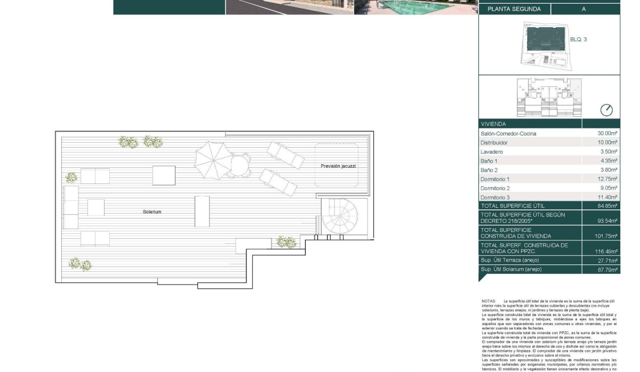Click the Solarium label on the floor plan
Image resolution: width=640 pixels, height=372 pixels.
(x=152, y=212)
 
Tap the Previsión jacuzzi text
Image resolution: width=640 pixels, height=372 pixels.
(x=338, y=166)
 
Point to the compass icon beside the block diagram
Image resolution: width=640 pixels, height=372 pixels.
(x=606, y=110)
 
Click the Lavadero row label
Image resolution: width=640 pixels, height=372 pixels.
(x=491, y=152)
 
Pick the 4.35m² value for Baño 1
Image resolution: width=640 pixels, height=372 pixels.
(x=608, y=161)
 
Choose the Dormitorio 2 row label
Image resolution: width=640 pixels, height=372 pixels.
(x=495, y=188)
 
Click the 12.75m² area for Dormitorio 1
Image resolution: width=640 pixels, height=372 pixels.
(x=607, y=179)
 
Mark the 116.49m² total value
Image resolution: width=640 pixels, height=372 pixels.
(x=606, y=252)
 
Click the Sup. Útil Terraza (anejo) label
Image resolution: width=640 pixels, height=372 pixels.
(x=510, y=260)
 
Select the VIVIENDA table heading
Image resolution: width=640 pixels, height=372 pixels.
(x=493, y=124)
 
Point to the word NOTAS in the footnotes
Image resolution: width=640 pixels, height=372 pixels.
(x=489, y=301)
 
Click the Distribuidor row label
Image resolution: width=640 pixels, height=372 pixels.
(x=494, y=143)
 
